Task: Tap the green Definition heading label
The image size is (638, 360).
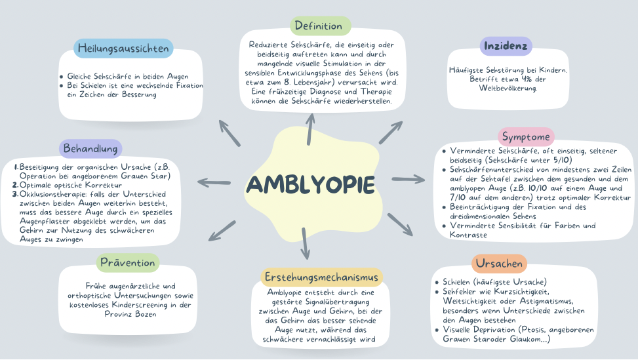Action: tap(319, 26)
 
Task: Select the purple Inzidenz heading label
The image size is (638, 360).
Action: tap(506, 47)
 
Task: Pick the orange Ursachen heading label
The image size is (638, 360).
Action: tap(499, 264)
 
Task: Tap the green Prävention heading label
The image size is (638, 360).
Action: tap(129, 264)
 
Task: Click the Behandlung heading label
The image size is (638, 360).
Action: tap(92, 148)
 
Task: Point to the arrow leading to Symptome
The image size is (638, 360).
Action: tap(409, 178)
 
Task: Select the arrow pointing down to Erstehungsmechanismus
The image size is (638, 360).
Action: tap(305, 244)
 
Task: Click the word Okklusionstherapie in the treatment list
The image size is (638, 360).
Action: tap(54, 194)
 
